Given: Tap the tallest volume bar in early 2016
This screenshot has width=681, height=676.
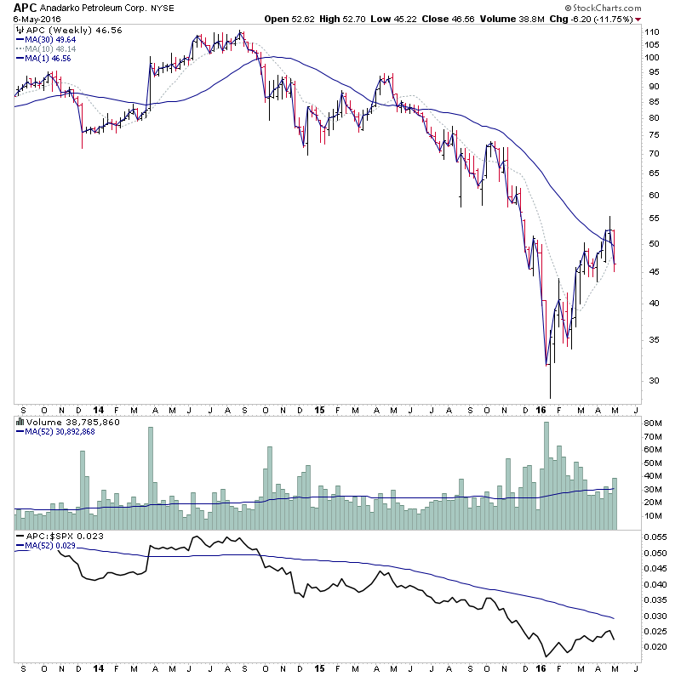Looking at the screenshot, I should point(547,476).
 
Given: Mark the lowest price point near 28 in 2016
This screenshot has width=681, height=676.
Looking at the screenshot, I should point(551,396).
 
